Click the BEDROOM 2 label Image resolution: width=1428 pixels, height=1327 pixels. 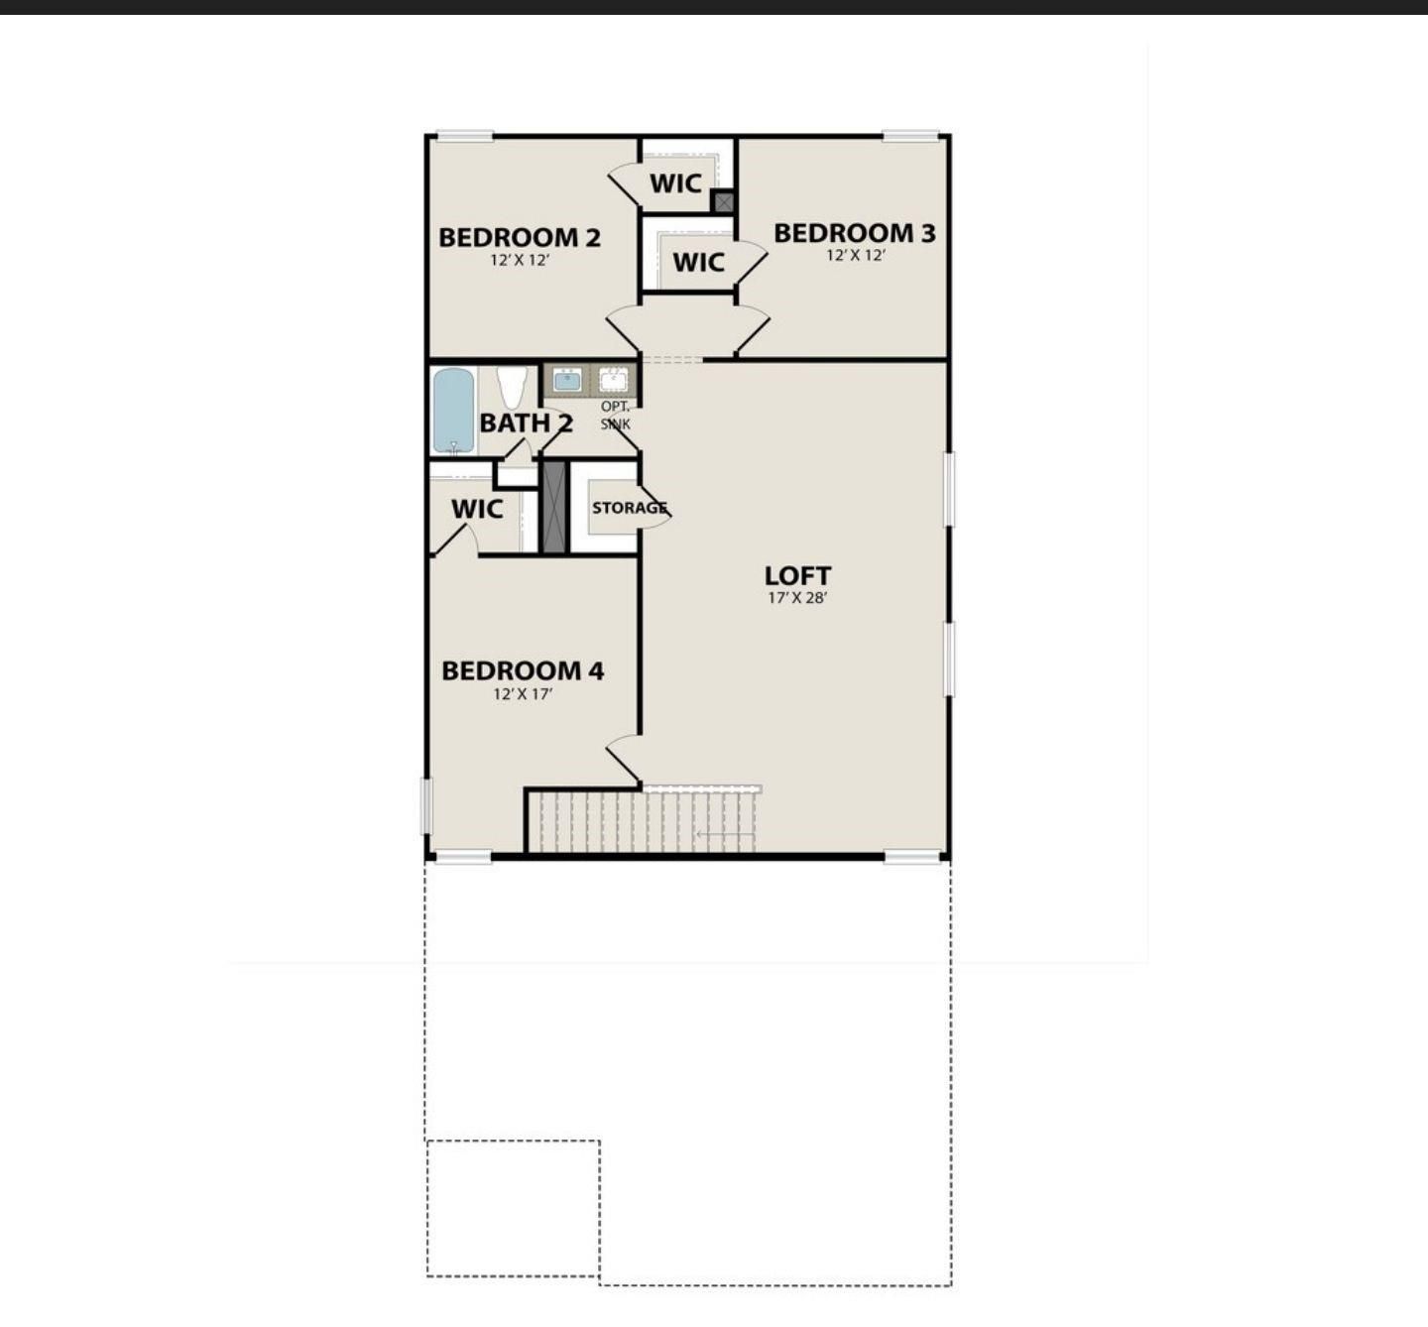519,238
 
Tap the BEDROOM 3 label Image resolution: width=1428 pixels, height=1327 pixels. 854,234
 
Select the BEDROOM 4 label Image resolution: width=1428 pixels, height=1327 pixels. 522,671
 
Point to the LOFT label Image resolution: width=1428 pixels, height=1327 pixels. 797,576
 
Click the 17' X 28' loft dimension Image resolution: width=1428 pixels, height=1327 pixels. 797,598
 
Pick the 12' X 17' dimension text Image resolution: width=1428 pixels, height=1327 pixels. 522,694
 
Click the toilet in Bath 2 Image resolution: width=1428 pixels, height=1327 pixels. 512,386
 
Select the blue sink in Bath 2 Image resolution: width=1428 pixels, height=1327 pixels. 567,380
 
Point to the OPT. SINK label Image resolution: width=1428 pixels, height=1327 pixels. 615,416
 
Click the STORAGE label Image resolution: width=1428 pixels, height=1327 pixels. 629,508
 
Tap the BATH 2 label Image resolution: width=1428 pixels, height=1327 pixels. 526,423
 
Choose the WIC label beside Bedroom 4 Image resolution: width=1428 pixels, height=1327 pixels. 477,510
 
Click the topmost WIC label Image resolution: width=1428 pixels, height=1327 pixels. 675,183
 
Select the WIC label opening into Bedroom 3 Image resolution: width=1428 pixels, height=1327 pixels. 698,263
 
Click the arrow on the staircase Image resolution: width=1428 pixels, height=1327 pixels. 724,834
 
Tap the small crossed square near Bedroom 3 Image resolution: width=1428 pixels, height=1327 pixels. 724,202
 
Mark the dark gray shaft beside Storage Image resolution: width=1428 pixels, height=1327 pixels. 553,507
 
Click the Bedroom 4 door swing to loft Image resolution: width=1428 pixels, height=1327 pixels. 622,758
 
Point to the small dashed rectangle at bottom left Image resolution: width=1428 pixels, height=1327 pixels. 513,1208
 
